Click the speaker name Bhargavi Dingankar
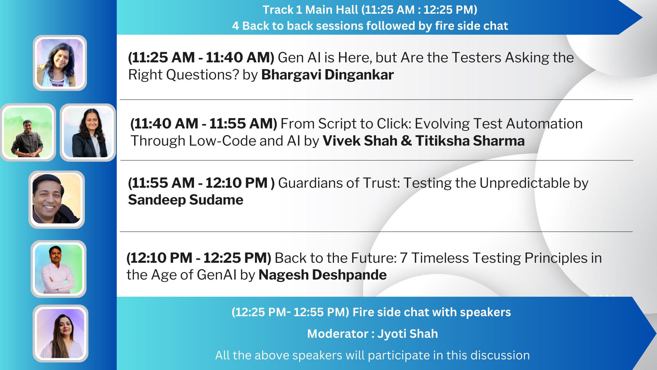(x=327, y=75)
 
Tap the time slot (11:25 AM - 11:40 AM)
(x=201, y=58)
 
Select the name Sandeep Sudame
(x=186, y=200)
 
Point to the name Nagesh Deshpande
(x=323, y=275)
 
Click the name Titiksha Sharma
(x=470, y=141)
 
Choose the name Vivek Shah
(x=360, y=141)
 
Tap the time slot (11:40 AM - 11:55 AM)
(x=204, y=124)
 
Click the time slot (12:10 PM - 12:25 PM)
(x=199, y=258)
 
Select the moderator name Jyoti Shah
(x=408, y=334)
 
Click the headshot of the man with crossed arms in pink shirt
(x=59, y=269)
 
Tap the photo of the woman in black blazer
(x=88, y=133)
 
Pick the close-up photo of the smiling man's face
(x=56, y=199)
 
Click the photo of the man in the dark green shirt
(x=28, y=133)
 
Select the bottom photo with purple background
(x=61, y=333)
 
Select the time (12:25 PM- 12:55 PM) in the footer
(x=291, y=312)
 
